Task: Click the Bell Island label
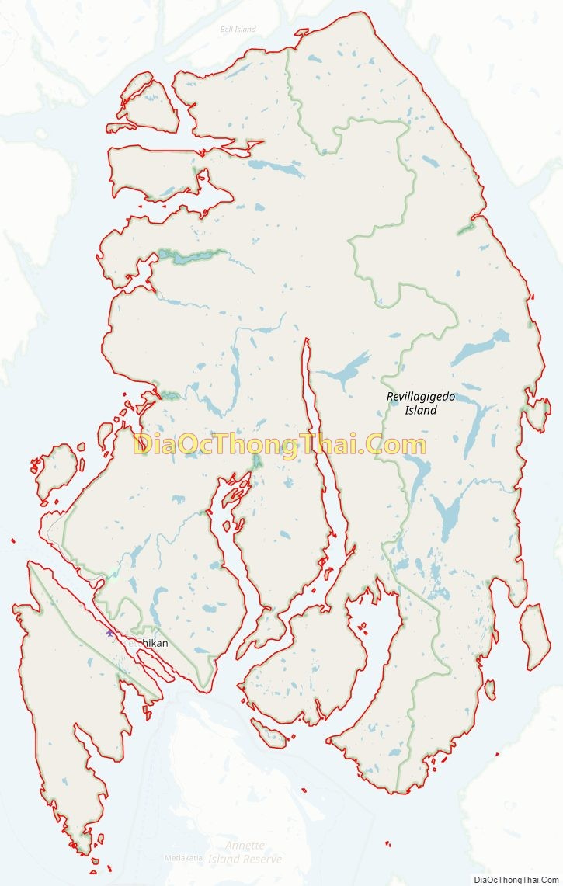click(x=238, y=30)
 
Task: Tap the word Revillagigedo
click(x=421, y=397)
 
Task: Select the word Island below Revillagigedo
click(x=421, y=410)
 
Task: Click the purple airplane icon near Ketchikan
click(x=109, y=634)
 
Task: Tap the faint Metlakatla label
click(x=184, y=858)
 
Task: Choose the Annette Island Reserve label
click(x=245, y=852)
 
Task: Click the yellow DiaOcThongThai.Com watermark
click(x=280, y=446)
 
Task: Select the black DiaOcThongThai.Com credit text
click(x=516, y=879)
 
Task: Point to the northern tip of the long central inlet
click(x=306, y=342)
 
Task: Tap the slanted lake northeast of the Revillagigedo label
click(x=481, y=349)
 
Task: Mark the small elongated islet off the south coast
click(x=269, y=733)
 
